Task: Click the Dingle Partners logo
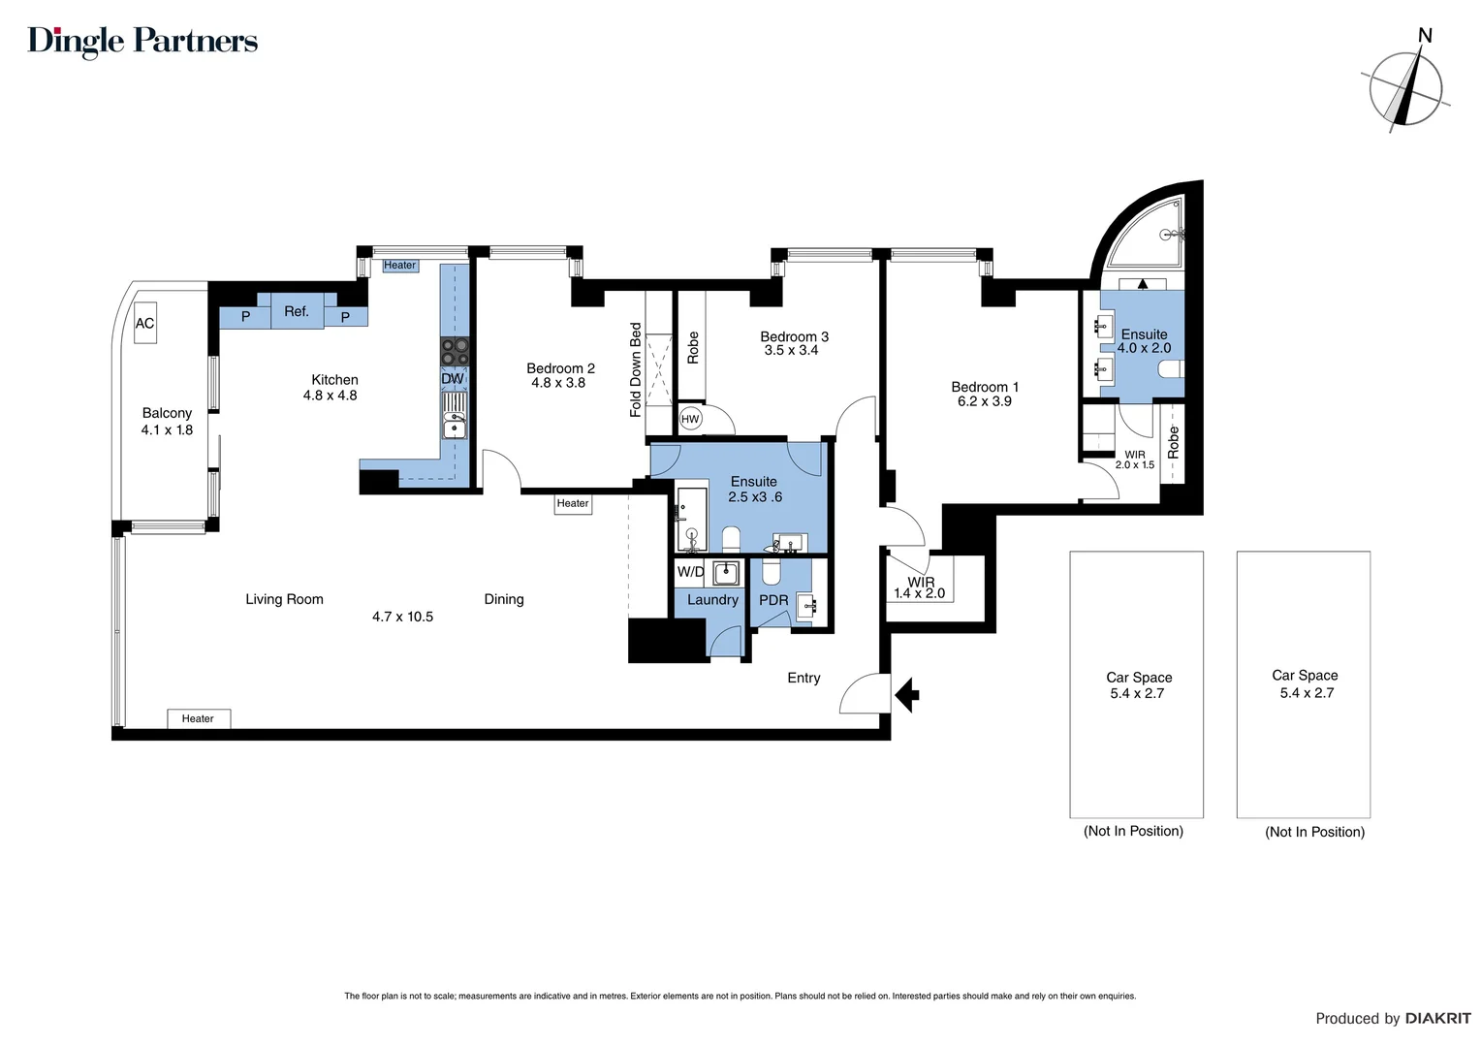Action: [x=142, y=42]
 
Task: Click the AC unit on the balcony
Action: [x=144, y=324]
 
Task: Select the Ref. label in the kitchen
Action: [x=297, y=312]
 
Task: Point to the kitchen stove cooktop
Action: [x=454, y=351]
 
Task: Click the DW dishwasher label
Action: [x=453, y=379]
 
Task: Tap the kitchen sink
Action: [x=454, y=423]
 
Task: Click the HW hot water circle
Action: [x=690, y=419]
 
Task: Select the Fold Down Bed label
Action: [x=636, y=370]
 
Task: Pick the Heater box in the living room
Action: [x=198, y=718]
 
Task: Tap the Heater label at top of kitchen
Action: [x=399, y=266]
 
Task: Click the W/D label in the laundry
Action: [x=690, y=572]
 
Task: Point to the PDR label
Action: [x=773, y=600]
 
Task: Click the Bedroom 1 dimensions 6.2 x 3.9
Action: [x=984, y=401]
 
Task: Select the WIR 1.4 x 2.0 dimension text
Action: [x=919, y=593]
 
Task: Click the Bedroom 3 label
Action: [x=794, y=336]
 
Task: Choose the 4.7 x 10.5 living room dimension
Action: [x=402, y=617]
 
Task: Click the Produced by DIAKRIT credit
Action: [x=1392, y=1018]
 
